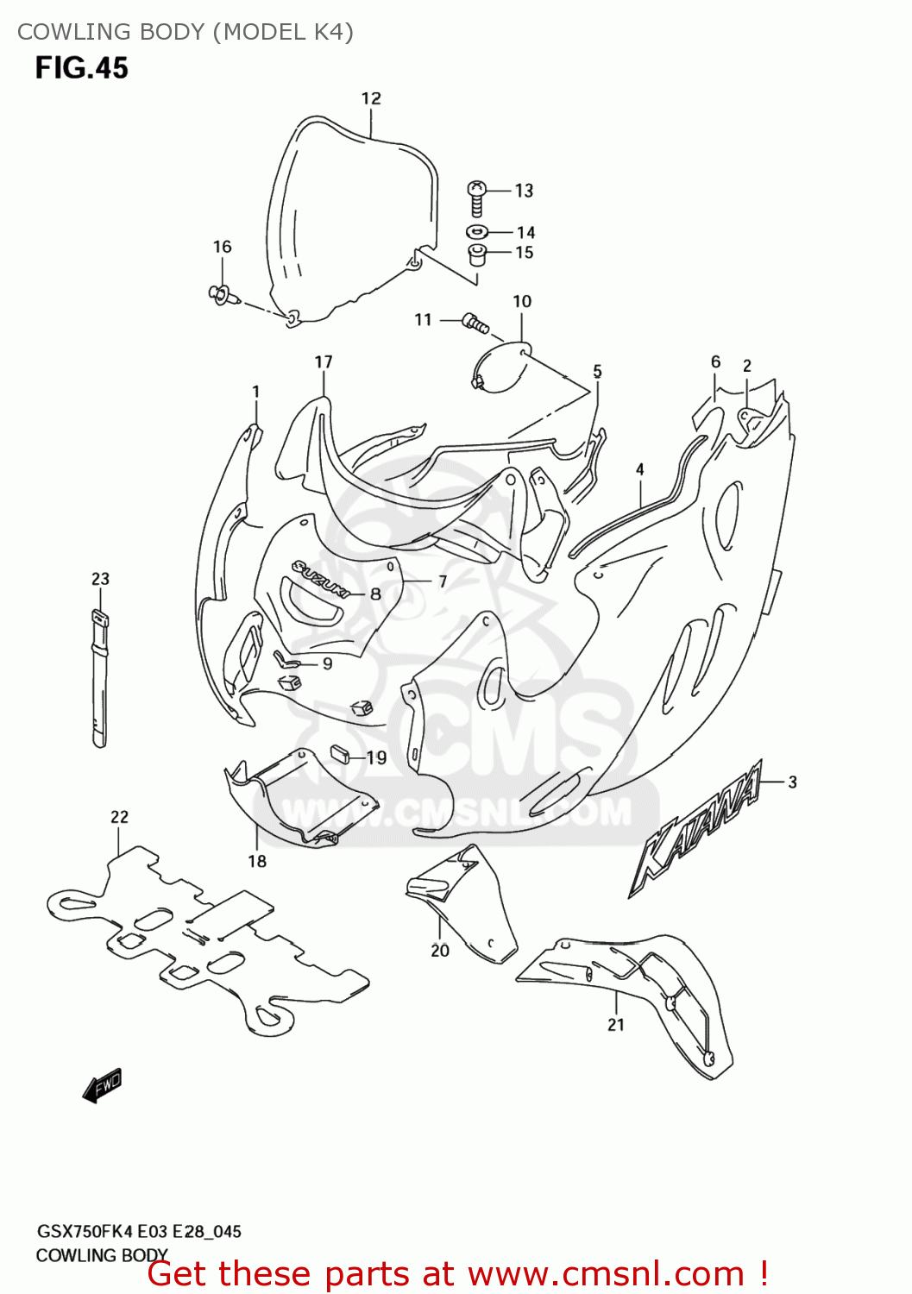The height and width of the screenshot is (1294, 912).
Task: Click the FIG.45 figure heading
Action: pyautogui.click(x=81, y=68)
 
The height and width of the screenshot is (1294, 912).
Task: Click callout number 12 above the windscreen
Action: pyautogui.click(x=371, y=98)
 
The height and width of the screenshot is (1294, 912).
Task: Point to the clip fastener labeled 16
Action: pyautogui.click(x=222, y=295)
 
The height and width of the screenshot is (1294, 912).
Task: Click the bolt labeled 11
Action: pyautogui.click(x=475, y=323)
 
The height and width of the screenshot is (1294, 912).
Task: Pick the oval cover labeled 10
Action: pyautogui.click(x=501, y=367)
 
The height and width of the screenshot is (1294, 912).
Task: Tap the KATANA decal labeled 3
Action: pyautogui.click(x=699, y=828)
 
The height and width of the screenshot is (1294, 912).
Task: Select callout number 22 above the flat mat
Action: pyautogui.click(x=119, y=816)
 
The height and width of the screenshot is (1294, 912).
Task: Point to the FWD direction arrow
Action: pyautogui.click(x=103, y=1085)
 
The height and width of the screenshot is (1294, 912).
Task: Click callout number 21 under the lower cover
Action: pyautogui.click(x=615, y=1025)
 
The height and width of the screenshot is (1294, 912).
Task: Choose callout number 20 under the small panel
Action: pyautogui.click(x=440, y=951)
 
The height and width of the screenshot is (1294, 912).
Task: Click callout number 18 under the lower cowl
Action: pyautogui.click(x=257, y=861)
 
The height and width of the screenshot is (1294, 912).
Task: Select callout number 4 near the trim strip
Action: pyautogui.click(x=639, y=469)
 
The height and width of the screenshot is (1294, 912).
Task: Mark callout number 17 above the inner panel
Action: pyautogui.click(x=324, y=361)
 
